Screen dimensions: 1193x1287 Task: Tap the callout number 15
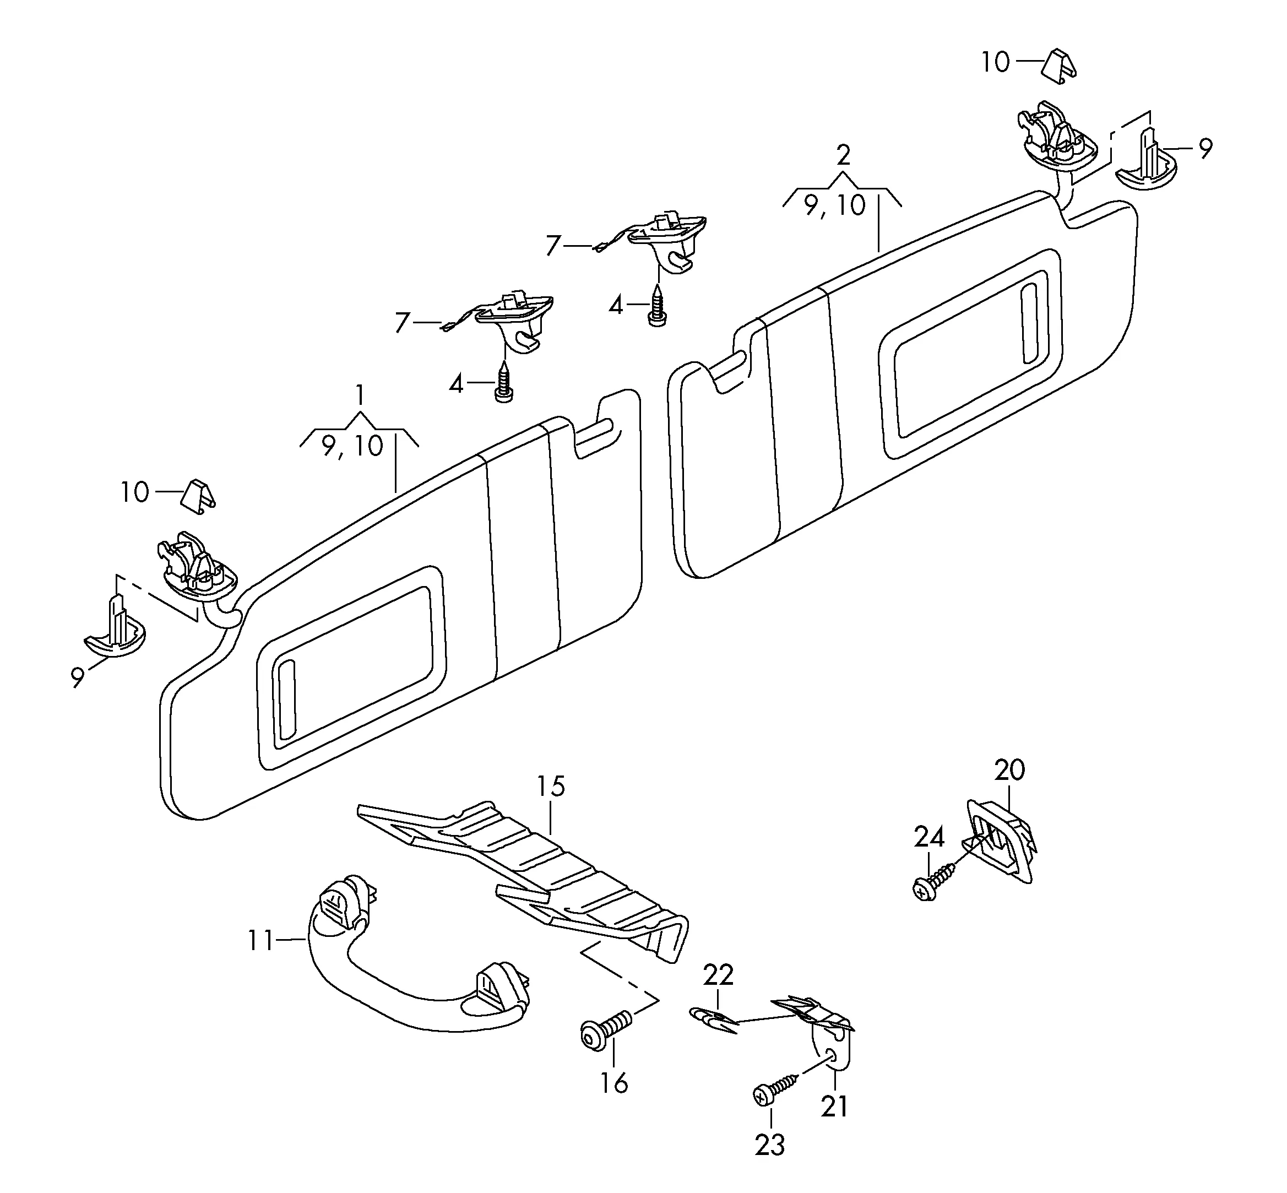tap(551, 787)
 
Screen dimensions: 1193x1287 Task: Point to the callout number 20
tap(1009, 769)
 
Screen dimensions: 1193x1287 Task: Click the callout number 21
tap(834, 1107)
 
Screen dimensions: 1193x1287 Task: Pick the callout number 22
tap(718, 975)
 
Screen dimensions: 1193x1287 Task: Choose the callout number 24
tap(929, 837)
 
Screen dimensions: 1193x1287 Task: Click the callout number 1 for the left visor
tap(360, 394)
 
